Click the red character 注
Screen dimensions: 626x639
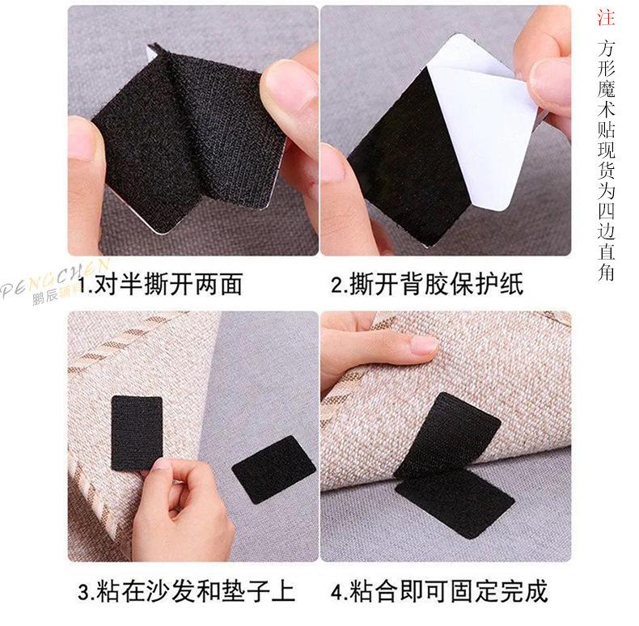pyautogui.click(x=607, y=17)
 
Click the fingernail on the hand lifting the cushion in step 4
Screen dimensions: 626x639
pyautogui.click(x=424, y=345)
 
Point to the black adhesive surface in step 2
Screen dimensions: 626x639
pyautogui.click(x=404, y=162)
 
